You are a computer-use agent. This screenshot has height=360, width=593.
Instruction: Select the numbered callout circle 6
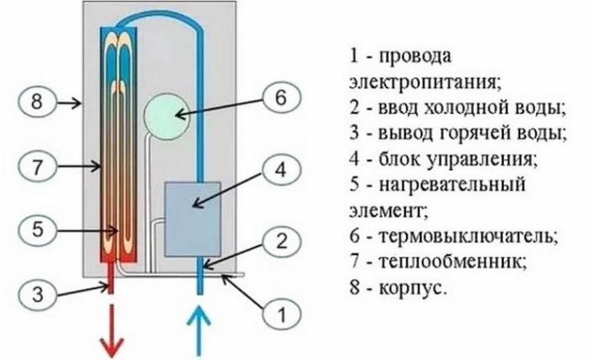(281, 99)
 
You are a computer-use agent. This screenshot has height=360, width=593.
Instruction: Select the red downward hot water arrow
(110, 334)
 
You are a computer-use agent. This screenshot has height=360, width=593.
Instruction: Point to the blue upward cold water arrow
(199, 331)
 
